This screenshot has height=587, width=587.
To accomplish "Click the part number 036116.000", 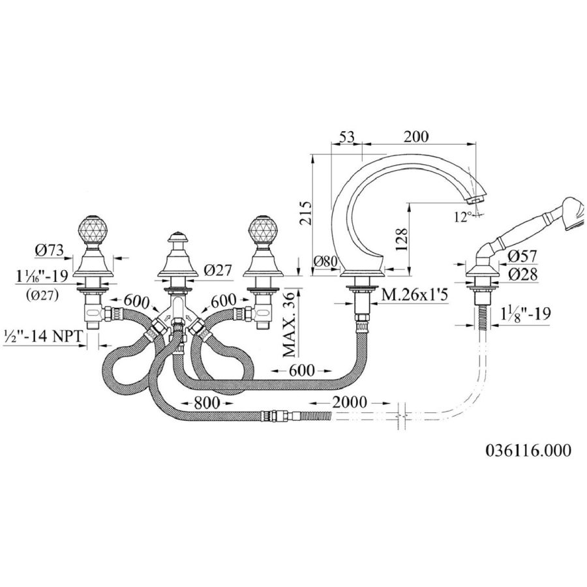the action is (x=528, y=450).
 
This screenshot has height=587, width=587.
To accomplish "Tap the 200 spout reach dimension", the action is (x=416, y=137).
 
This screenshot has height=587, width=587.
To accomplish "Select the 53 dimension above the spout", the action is (x=347, y=137).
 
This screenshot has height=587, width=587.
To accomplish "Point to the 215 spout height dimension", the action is (x=305, y=213).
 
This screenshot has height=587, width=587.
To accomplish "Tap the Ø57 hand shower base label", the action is (x=522, y=256).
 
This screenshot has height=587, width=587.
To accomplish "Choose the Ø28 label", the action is (x=523, y=275).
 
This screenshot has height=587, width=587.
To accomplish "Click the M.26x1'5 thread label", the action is (x=414, y=295).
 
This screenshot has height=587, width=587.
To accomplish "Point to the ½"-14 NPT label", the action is (x=42, y=337).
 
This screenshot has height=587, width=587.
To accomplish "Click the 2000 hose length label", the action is (x=350, y=402).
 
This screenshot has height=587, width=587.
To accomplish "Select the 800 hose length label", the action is (x=207, y=403).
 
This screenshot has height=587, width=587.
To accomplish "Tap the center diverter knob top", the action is (x=177, y=237).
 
